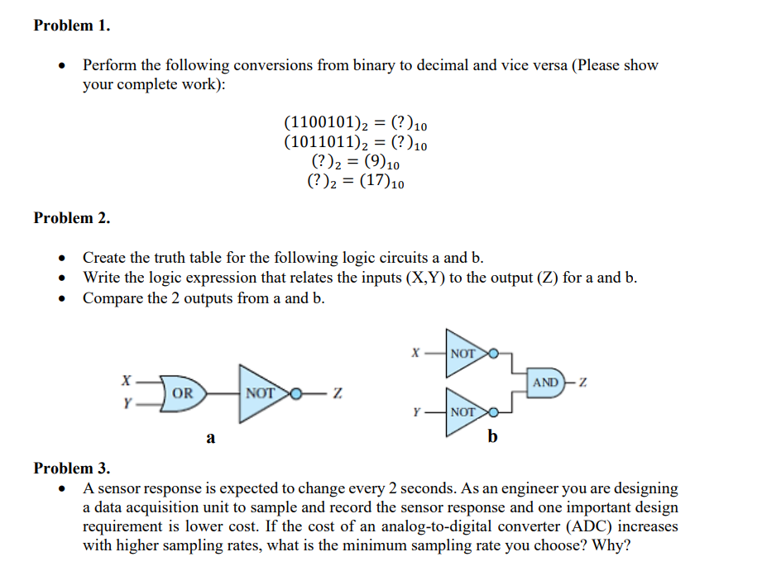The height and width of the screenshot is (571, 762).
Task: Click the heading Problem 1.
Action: click(72, 26)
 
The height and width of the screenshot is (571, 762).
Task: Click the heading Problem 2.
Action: click(72, 218)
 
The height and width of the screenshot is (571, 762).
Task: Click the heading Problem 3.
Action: click(72, 469)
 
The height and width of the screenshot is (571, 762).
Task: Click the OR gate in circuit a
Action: click(181, 393)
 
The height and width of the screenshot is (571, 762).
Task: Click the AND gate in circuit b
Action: click(547, 383)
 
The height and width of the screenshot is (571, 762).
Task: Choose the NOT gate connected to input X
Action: click(465, 353)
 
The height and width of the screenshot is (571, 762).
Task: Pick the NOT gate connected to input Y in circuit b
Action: click(465, 411)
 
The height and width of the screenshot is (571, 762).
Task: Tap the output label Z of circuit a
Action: click(337, 393)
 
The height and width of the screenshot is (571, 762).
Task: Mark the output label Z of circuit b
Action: click(584, 383)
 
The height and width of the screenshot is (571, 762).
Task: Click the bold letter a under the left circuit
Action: click(210, 439)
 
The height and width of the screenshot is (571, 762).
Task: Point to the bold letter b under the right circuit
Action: click(493, 436)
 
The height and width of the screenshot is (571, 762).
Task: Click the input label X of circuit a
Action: click(126, 382)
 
